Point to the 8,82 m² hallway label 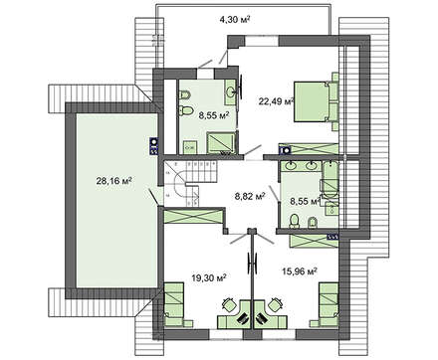(x=248, y=197)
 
